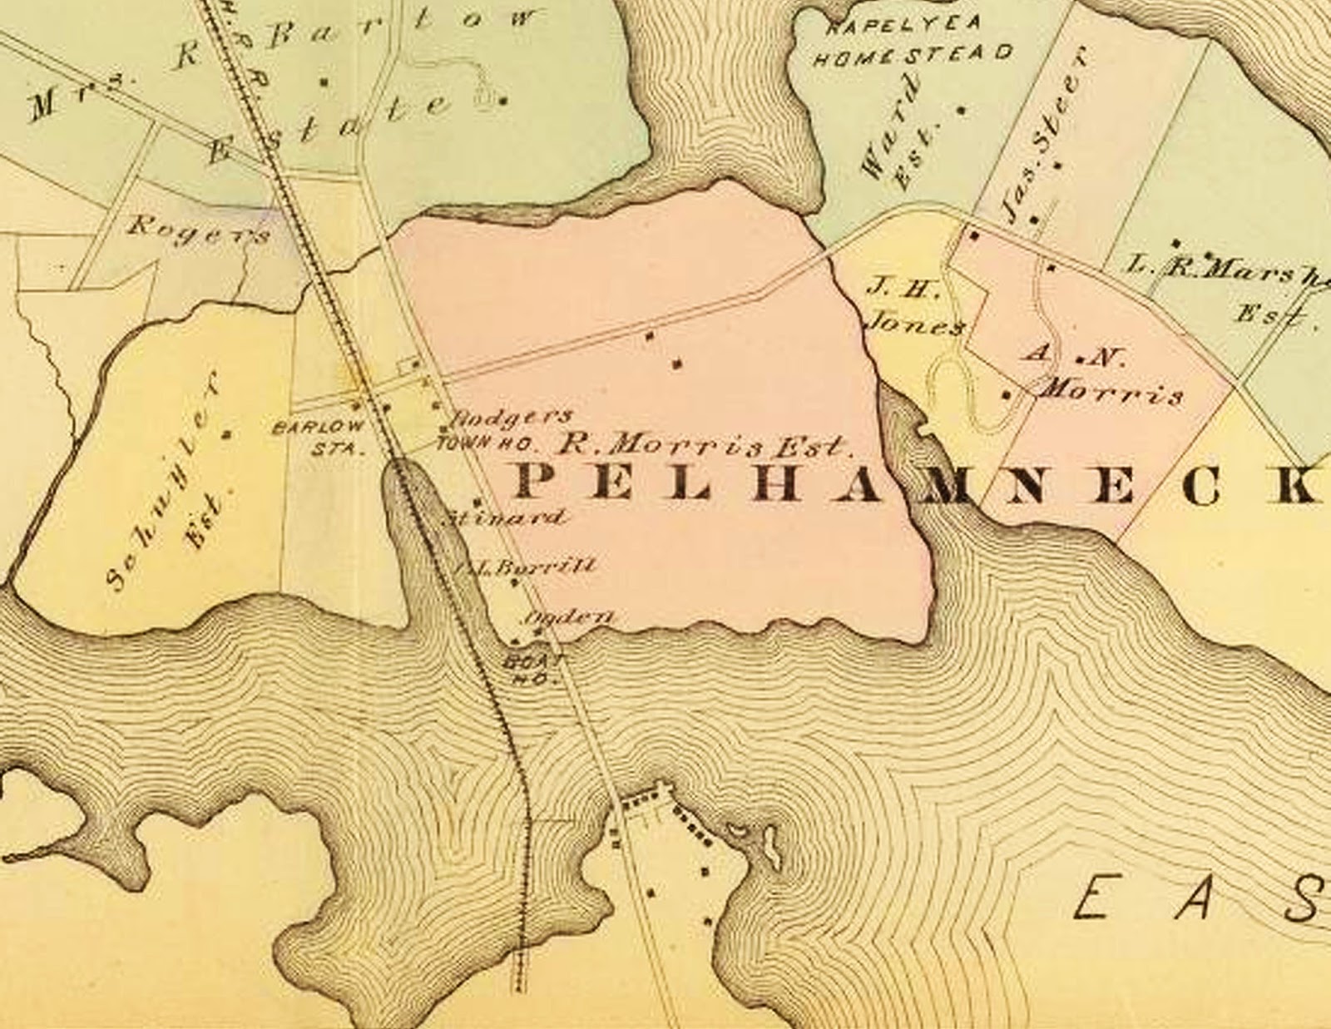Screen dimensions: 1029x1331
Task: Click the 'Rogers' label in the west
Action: pyautogui.click(x=200, y=230)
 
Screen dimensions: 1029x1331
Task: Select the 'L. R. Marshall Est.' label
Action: pyautogui.click(x=1231, y=287)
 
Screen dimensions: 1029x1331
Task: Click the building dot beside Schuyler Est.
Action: pyautogui.click(x=225, y=433)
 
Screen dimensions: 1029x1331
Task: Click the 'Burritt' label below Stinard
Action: pyautogui.click(x=528, y=566)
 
